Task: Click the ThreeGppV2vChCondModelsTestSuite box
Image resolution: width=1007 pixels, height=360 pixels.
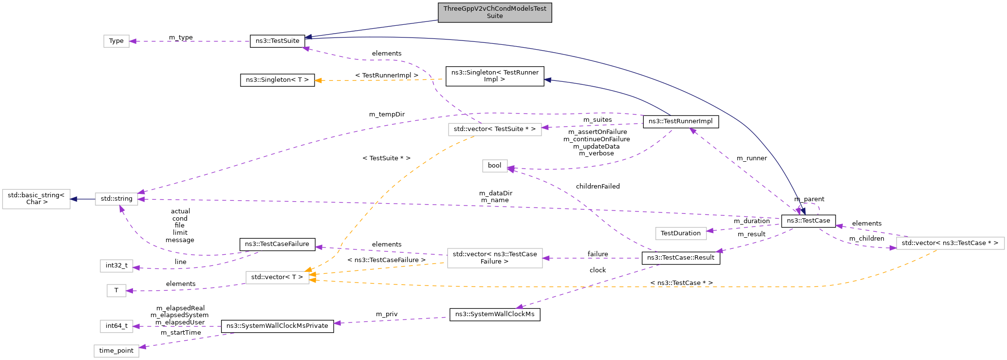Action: tap(494, 12)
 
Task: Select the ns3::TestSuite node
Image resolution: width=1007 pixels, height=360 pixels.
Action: tap(277, 41)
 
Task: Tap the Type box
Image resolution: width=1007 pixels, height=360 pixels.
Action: tap(116, 41)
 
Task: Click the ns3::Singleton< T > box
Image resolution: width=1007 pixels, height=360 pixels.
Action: tap(277, 80)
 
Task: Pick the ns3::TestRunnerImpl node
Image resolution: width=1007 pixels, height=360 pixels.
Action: tap(680, 121)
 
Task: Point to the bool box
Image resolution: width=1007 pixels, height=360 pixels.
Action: tap(494, 166)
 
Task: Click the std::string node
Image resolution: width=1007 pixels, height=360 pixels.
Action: tap(116, 199)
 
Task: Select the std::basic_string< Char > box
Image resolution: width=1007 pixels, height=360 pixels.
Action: tap(37, 199)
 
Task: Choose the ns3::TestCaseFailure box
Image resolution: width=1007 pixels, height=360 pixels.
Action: tap(277, 244)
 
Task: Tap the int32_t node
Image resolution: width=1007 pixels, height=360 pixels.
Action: tap(116, 265)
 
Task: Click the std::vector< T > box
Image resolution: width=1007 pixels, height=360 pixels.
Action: tap(277, 277)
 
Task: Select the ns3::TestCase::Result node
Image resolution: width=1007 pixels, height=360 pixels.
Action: tap(680, 258)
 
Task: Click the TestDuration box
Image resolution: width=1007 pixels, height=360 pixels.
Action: tap(680, 233)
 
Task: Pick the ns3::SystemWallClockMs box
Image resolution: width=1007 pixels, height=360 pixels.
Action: tap(494, 314)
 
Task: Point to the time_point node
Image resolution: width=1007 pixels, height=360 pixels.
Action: tap(116, 351)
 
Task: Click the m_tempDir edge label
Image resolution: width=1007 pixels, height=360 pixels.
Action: tap(387, 114)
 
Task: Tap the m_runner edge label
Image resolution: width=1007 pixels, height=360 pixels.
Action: tap(751, 158)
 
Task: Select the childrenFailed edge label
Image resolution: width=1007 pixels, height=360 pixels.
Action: tap(597, 187)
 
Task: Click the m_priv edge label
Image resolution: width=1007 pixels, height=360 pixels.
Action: tap(387, 314)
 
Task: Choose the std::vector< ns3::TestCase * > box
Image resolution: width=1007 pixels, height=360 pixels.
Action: tap(950, 243)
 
